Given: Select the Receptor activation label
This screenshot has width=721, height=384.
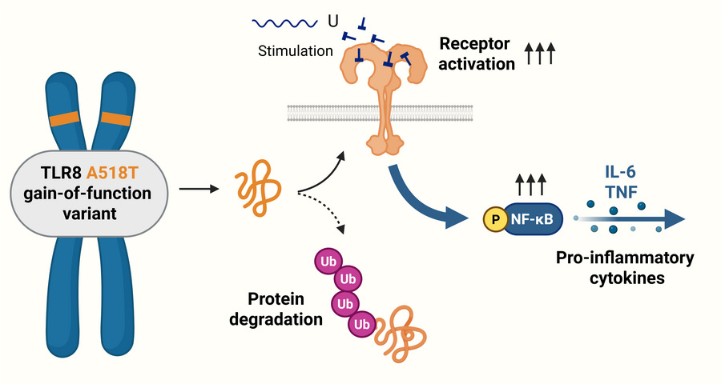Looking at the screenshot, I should pyautogui.click(x=476, y=53).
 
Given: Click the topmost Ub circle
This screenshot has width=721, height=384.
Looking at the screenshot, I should pyautogui.click(x=328, y=261).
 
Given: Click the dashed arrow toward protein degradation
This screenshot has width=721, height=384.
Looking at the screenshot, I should pyautogui.click(x=324, y=210).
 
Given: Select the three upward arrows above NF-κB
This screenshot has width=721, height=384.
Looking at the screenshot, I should pyautogui.click(x=531, y=186).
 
